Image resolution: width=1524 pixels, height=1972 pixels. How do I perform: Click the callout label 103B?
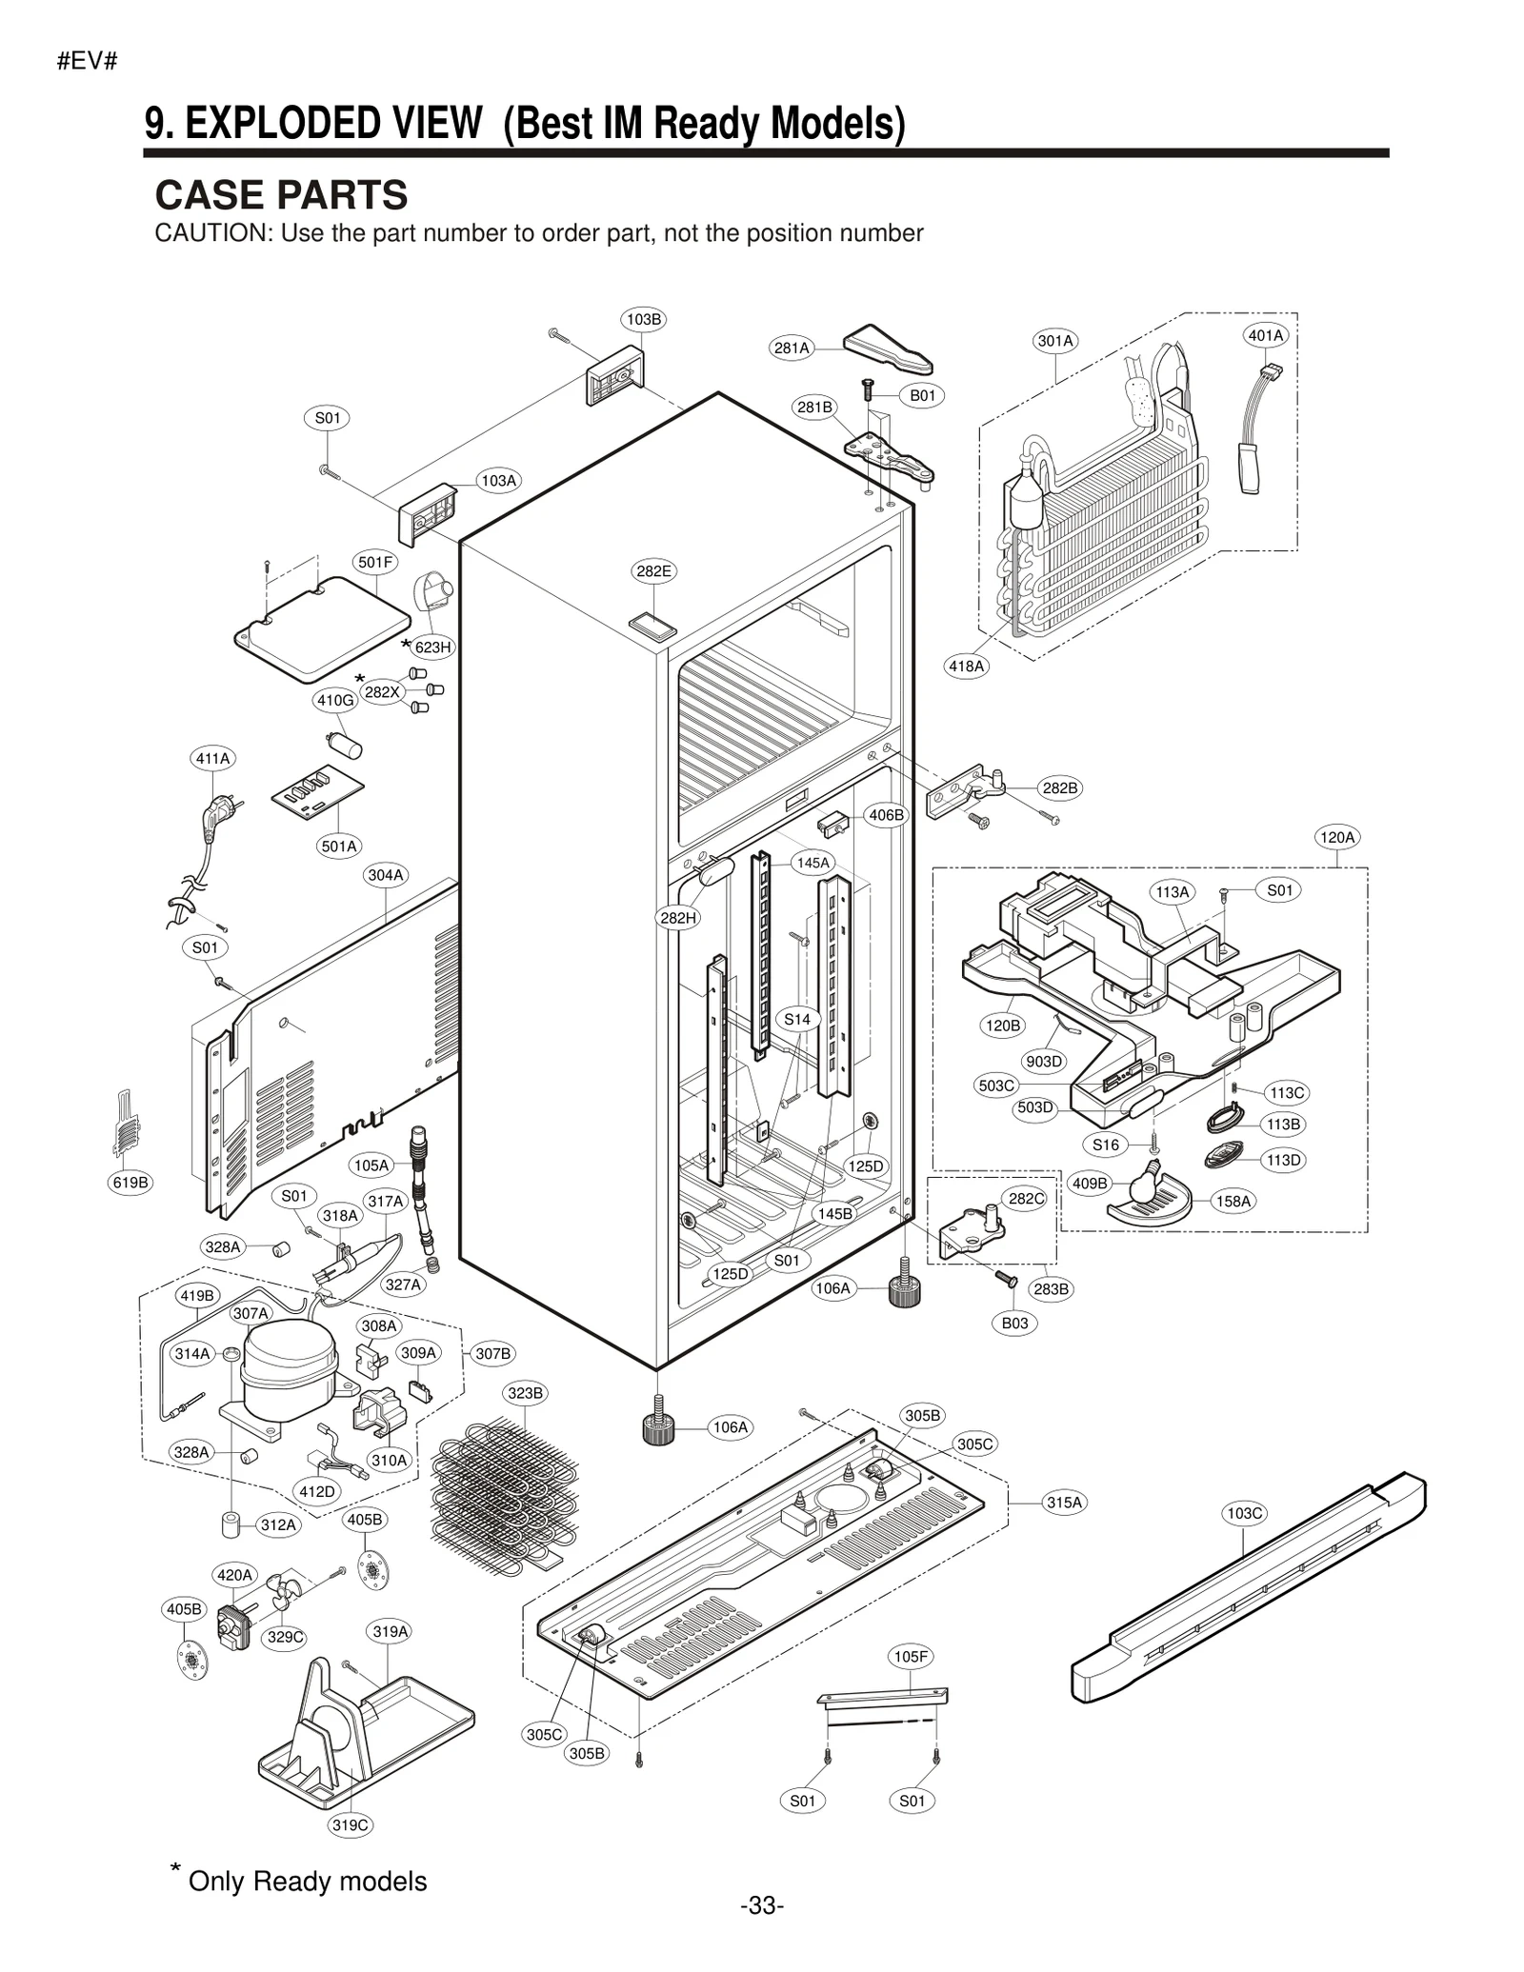pyautogui.click(x=644, y=319)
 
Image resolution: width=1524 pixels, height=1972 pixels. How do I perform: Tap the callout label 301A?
pyautogui.click(x=1055, y=341)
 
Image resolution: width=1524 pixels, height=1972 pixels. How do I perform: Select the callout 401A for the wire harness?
pyautogui.click(x=1266, y=335)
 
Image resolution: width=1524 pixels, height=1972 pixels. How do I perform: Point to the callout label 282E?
pyautogui.click(x=653, y=571)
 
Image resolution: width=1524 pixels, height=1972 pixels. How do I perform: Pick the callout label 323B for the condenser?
pyautogui.click(x=525, y=1393)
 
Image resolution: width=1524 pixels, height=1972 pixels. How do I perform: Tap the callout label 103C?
pyautogui.click(x=1244, y=1513)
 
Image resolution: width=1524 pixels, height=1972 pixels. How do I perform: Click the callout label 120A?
pyautogui.click(x=1336, y=837)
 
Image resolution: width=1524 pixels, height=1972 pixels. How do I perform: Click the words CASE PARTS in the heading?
pyautogui.click(x=281, y=195)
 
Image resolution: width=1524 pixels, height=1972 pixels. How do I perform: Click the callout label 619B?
pyautogui.click(x=130, y=1183)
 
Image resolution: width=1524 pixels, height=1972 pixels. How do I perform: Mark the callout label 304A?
pyautogui.click(x=386, y=874)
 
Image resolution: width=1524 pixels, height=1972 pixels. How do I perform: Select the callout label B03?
pyautogui.click(x=1014, y=1323)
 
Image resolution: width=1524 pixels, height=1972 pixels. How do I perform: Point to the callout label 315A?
pyautogui.click(x=1064, y=1503)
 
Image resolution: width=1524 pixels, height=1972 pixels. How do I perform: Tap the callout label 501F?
pyautogui.click(x=375, y=562)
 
